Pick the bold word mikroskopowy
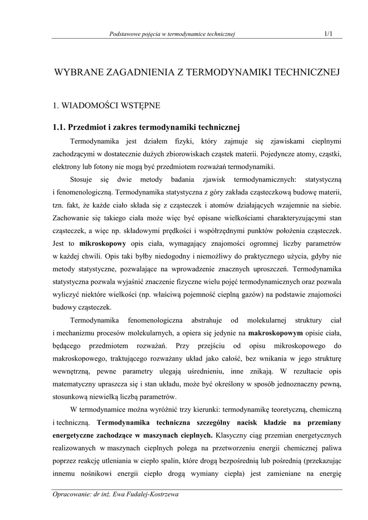click(103, 243)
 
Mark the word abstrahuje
click(206, 320)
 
